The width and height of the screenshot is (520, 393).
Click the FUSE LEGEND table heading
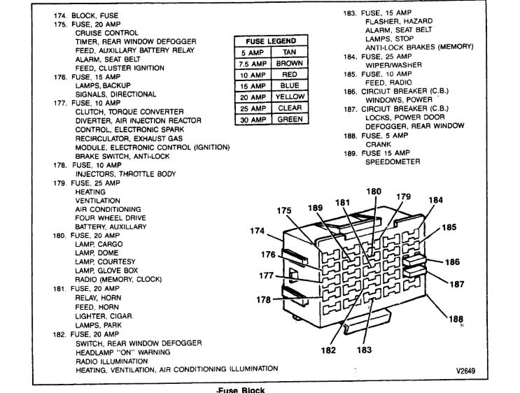270,41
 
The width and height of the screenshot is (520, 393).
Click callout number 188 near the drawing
456,320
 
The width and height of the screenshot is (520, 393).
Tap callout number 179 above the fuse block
404,196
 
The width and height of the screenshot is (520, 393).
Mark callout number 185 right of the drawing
449,227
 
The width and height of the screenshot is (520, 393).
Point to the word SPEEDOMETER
393,162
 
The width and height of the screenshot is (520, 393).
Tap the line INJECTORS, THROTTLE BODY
125,174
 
